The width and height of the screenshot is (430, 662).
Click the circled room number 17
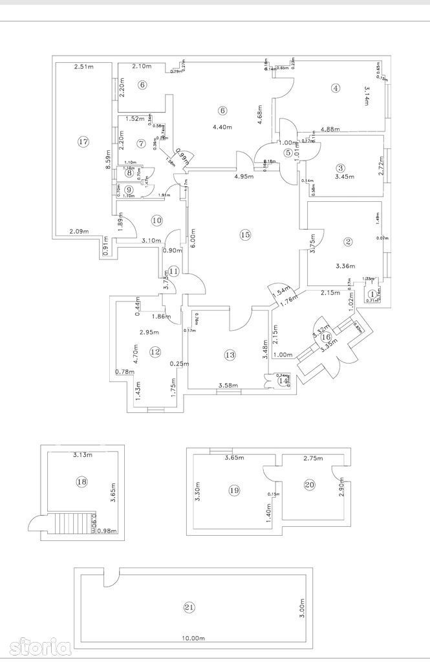point(82,142)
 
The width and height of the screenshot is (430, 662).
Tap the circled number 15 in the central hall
point(244,235)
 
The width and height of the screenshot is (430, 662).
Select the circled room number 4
point(335,89)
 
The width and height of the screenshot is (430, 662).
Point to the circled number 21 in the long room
point(189,607)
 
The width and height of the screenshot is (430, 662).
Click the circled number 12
point(155,351)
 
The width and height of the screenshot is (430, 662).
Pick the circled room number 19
point(234,491)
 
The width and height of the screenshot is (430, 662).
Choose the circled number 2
point(348,242)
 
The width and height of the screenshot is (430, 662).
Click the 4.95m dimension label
point(243,176)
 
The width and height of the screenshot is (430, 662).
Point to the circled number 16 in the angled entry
point(326,337)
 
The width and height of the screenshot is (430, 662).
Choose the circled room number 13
point(230,355)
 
